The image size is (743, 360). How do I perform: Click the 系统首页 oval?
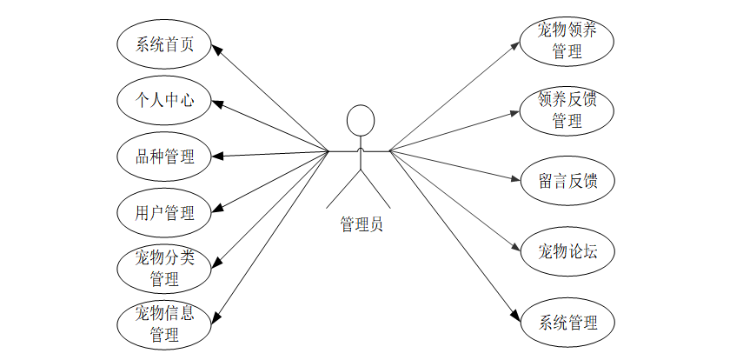165,46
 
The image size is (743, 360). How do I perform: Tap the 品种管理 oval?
165,157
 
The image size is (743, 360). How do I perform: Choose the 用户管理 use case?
165,211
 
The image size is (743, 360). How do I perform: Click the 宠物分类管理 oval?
165,268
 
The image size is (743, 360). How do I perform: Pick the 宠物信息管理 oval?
165,323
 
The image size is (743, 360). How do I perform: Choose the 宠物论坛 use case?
567,252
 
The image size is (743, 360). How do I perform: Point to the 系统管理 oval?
567,323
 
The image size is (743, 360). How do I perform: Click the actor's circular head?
360,120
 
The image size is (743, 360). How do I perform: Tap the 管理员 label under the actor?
361,224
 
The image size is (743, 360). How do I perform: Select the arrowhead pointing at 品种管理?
219,157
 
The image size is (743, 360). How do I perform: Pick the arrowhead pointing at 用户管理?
219,209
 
